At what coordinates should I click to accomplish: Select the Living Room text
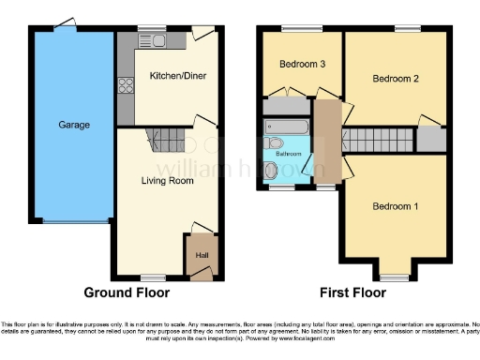[167, 181]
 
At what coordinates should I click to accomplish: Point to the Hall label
[202, 254]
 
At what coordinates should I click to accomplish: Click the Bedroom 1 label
[395, 206]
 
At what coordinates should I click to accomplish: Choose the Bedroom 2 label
[395, 80]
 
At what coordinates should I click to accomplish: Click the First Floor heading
[350, 292]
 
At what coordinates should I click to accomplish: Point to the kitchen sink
[147, 41]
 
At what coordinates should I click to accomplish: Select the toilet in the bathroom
[271, 143]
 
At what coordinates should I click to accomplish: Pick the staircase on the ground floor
[169, 142]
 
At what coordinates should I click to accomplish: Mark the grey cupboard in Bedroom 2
[428, 140]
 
